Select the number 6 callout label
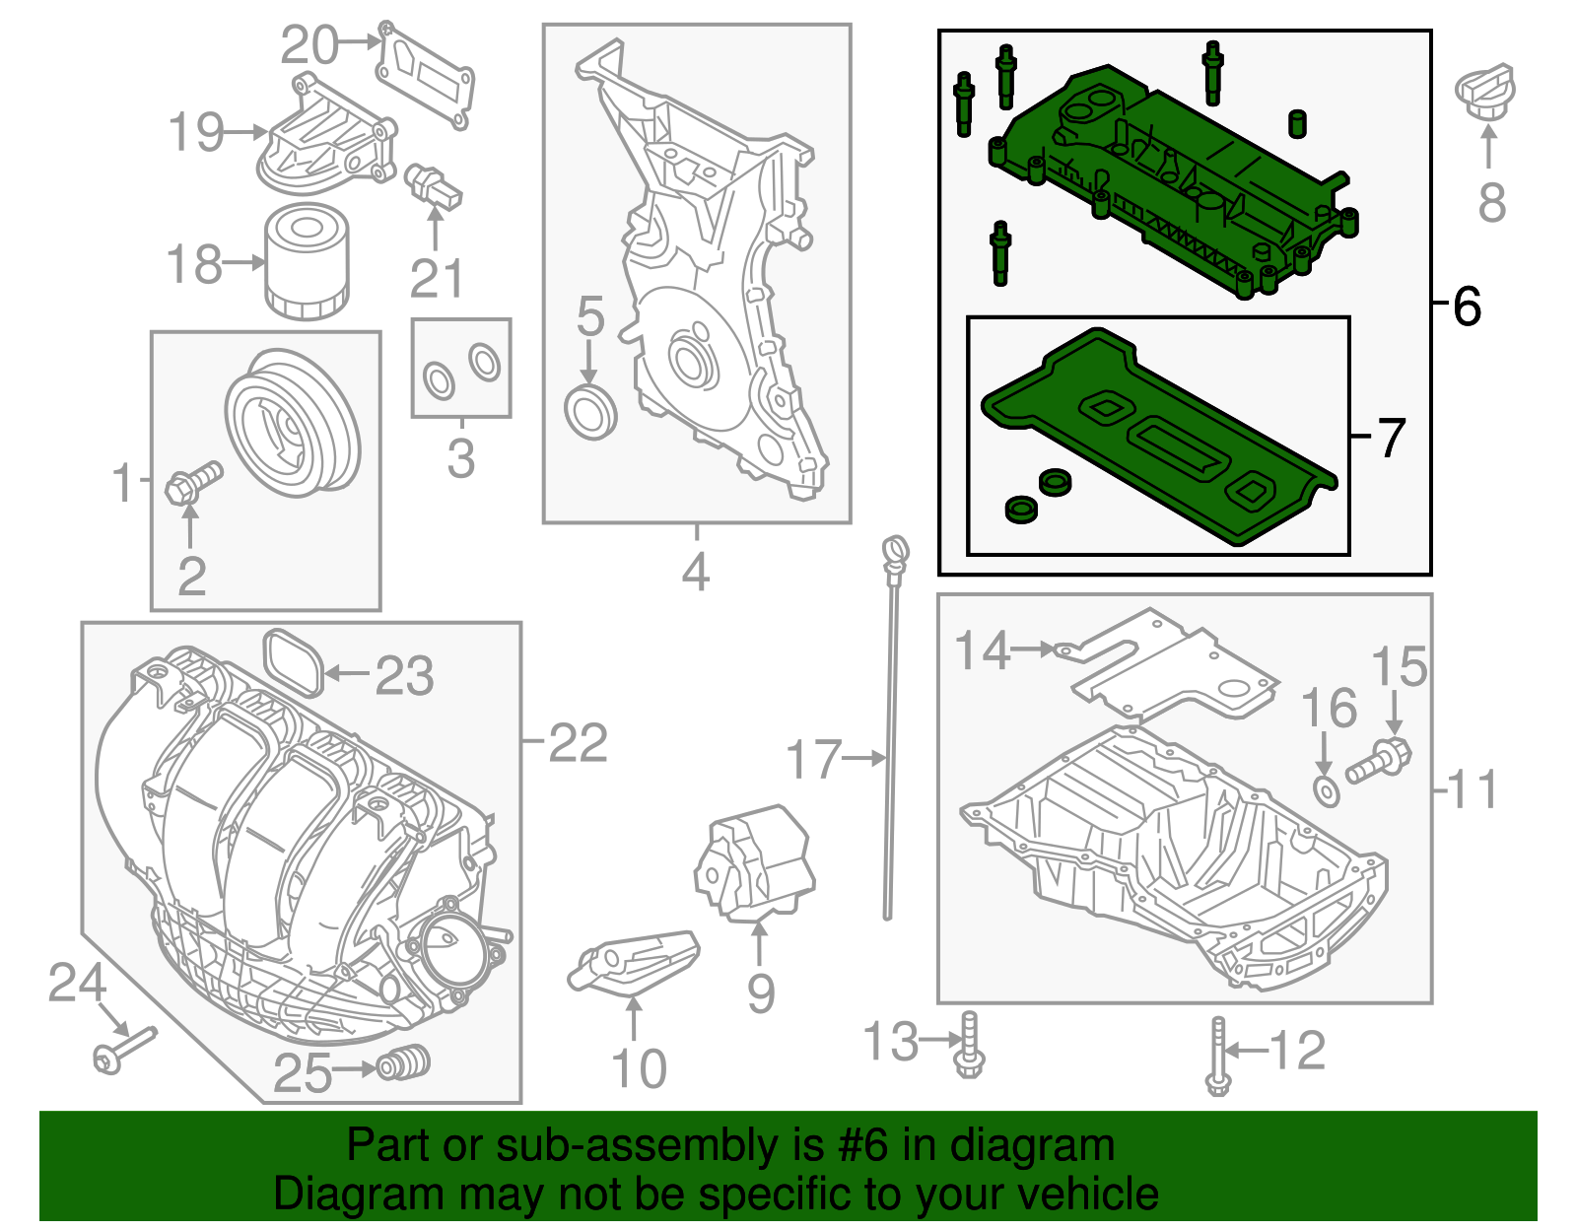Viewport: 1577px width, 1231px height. tap(1467, 307)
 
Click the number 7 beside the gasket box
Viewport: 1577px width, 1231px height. tap(1390, 438)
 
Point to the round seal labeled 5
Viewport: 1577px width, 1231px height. tap(590, 412)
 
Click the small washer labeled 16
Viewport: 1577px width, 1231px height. tap(1327, 789)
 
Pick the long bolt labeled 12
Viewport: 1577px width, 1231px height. tap(1218, 1057)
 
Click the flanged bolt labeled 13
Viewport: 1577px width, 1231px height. tap(970, 1047)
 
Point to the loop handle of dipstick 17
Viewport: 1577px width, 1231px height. tap(895, 550)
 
